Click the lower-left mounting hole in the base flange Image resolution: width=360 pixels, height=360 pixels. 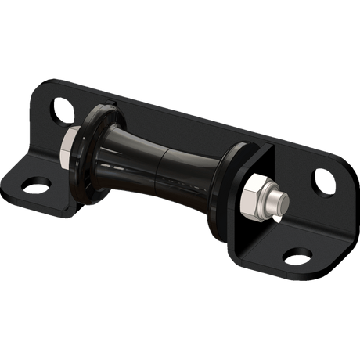tap(35, 185)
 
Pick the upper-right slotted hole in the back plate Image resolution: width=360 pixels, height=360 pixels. tap(322, 181)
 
